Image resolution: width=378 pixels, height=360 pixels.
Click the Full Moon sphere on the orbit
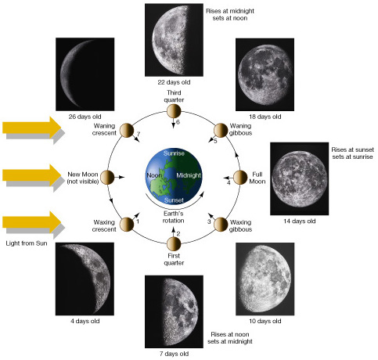(240, 178)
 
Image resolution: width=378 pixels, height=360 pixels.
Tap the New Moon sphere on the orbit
(107, 178)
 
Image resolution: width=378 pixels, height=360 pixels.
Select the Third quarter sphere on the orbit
(174, 111)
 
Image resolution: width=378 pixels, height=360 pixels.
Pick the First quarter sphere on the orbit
(174, 244)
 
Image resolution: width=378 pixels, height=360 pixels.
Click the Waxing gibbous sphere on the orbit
(221, 225)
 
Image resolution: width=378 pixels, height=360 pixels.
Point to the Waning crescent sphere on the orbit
(127, 131)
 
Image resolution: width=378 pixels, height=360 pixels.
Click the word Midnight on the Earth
(189, 175)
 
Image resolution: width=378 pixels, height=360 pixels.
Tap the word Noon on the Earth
(154, 175)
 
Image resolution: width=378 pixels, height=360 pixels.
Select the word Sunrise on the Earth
(174, 153)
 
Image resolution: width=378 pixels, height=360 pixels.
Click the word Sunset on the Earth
(174, 200)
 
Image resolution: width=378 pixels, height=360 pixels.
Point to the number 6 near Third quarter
(178, 122)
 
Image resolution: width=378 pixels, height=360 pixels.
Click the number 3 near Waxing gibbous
(209, 221)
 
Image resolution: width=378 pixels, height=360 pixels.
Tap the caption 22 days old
(174, 82)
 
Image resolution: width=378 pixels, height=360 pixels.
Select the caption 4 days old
(85, 321)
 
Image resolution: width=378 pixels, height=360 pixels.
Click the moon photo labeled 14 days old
(299, 178)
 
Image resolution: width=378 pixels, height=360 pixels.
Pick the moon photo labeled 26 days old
(85, 74)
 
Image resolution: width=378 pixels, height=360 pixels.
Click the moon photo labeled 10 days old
(265, 279)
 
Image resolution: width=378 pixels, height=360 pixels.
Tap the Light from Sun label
(27, 243)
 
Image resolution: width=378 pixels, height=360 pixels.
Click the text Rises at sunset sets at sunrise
(352, 153)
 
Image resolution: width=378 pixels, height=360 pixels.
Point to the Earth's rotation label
(174, 217)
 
